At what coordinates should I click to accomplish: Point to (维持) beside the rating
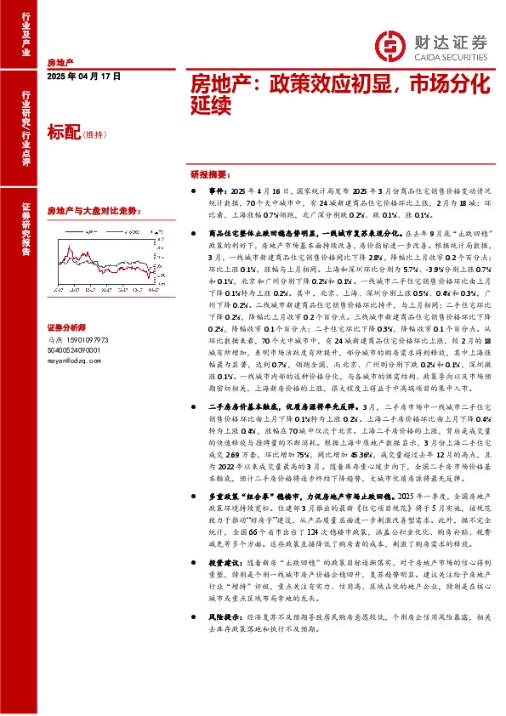[x=95, y=134]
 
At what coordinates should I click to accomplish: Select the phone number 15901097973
[x=82, y=338]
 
